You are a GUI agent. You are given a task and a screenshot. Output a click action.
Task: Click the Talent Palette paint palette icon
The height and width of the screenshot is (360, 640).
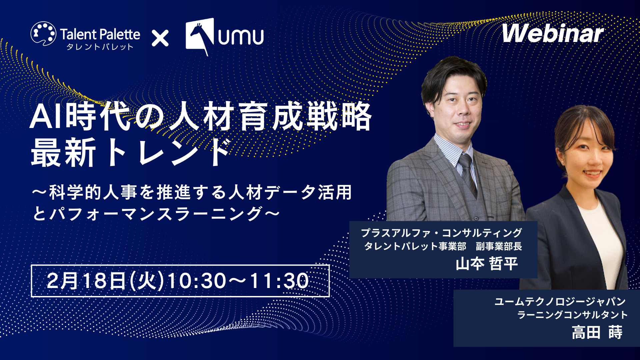click(43, 34)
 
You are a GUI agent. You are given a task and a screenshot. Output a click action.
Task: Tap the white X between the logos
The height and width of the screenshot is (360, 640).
click(160, 38)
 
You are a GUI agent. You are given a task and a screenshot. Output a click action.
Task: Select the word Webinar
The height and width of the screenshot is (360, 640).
click(553, 33)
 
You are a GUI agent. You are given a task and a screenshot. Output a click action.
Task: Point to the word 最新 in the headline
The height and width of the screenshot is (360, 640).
click(64, 153)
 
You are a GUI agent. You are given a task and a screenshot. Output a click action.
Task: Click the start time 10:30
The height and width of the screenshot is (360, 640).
click(196, 281)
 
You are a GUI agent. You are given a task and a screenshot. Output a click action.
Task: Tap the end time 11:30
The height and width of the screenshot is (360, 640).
click(279, 281)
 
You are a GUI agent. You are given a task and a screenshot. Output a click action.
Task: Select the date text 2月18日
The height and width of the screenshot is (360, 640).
click(86, 281)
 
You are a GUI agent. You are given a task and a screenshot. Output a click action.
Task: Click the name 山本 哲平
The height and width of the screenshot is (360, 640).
click(487, 264)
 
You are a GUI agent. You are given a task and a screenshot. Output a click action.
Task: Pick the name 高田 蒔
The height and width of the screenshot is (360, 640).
click(597, 332)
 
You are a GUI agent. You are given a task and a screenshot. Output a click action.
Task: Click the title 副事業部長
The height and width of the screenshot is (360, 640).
click(499, 246)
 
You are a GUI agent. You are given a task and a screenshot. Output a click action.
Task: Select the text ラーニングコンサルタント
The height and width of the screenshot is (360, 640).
click(572, 315)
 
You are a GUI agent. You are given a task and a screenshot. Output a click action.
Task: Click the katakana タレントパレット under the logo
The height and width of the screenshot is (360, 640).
click(100, 47)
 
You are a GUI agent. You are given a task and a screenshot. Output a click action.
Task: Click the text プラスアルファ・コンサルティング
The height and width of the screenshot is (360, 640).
click(441, 233)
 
